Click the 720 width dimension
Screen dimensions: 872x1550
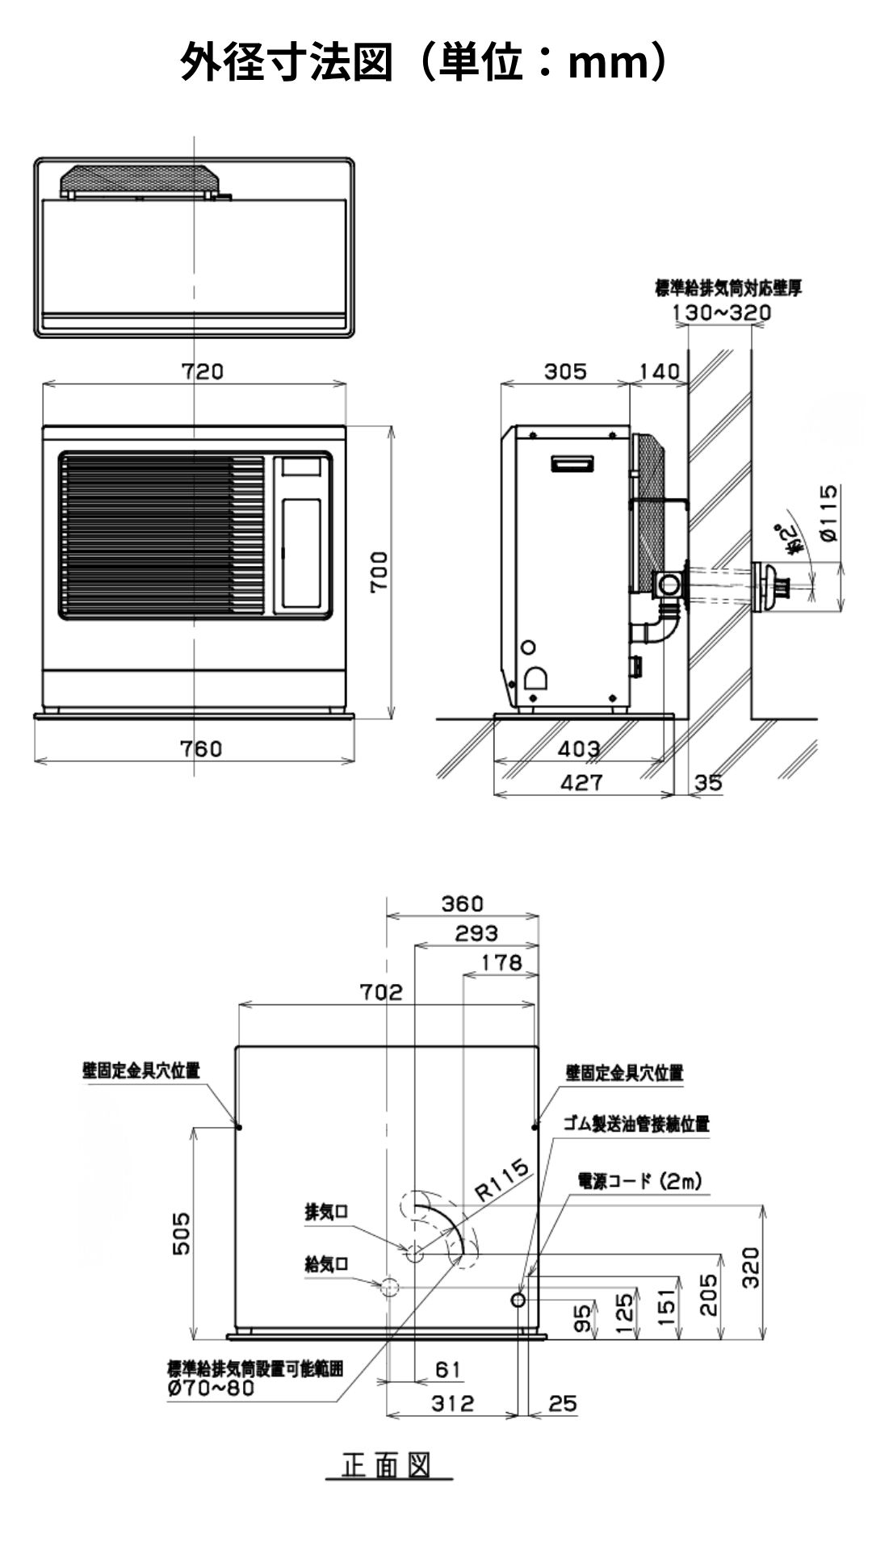(201, 371)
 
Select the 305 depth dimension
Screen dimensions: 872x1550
(564, 371)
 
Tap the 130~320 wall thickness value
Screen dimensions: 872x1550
(721, 312)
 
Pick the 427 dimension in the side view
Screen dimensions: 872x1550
(581, 781)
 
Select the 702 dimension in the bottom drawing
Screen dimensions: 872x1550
(381, 991)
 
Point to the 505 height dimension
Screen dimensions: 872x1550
(183, 1233)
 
